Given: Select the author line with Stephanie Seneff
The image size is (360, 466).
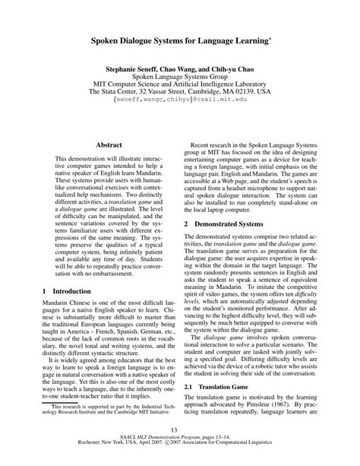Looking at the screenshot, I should coord(180,67).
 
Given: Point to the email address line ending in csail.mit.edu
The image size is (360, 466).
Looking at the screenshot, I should coord(180,99).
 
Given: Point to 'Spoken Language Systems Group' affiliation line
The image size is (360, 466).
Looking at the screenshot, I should coord(180,78).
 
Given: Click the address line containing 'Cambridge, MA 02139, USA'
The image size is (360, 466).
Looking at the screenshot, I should coord(180,88).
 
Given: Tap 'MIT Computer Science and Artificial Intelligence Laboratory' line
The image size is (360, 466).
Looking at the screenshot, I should coord(180,83).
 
